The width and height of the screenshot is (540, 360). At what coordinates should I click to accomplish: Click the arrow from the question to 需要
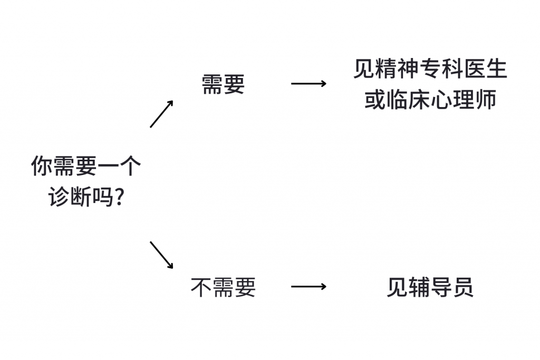(161, 114)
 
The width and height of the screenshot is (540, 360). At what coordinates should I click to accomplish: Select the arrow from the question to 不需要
(161, 255)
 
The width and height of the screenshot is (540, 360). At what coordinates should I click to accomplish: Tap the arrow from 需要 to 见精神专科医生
(308, 83)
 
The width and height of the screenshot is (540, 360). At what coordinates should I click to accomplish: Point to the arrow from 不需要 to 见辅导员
(308, 287)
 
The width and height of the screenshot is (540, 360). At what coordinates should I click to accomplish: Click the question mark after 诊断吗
(119, 197)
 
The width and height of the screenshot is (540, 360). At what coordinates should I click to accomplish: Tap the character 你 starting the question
(42, 166)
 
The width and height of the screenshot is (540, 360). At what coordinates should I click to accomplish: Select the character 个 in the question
(130, 166)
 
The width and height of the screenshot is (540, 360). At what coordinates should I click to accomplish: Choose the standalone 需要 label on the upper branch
(223, 84)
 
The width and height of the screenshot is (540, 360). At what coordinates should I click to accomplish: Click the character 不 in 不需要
(201, 287)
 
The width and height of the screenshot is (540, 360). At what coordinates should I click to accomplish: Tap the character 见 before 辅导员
(397, 287)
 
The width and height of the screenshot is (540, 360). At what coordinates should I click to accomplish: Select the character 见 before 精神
(364, 70)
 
